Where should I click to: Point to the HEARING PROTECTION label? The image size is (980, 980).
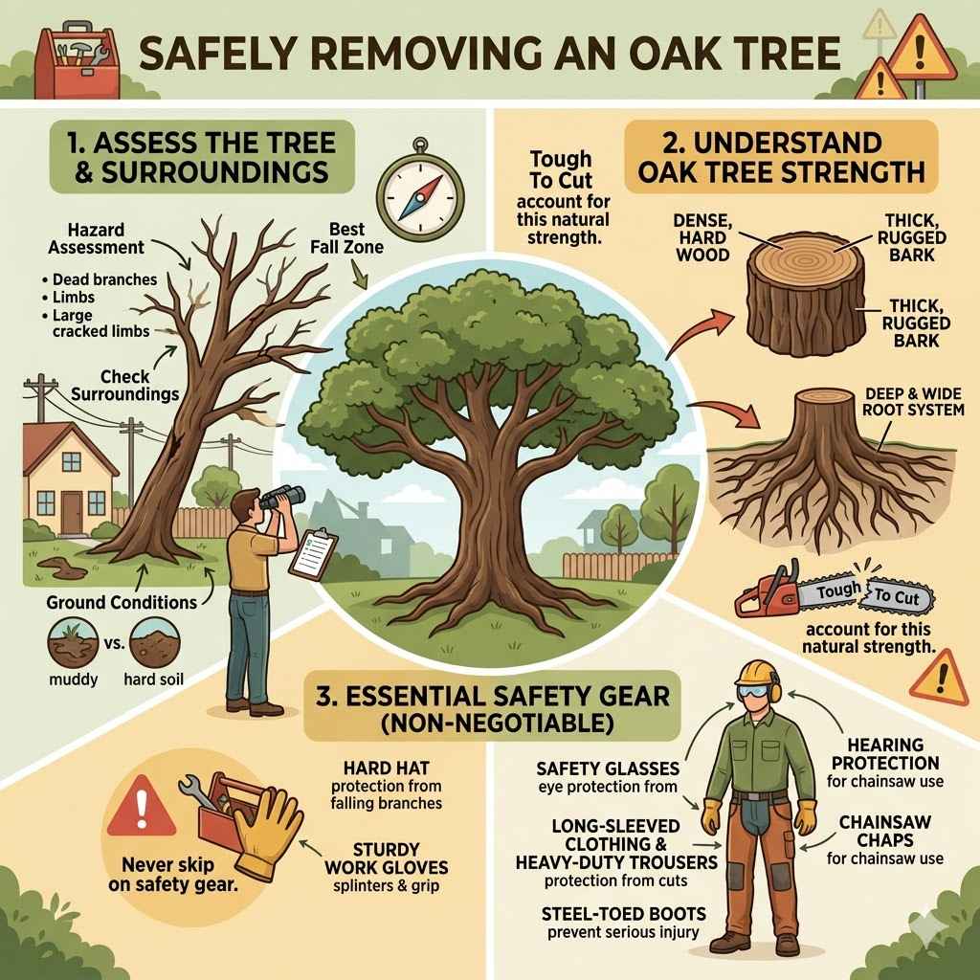click(885, 754)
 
